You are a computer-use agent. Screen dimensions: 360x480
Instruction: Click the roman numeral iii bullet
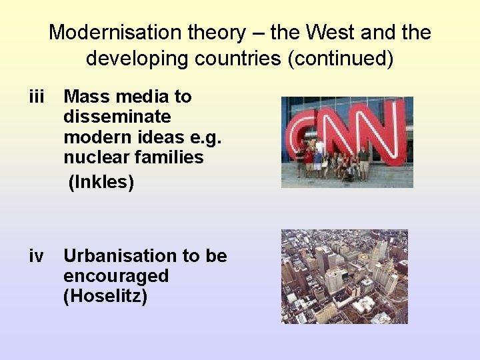(x=36, y=97)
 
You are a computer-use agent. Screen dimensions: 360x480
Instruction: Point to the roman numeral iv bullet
(x=36, y=256)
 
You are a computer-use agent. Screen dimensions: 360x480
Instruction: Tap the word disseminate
(x=117, y=117)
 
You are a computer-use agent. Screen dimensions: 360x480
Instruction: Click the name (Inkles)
(x=101, y=181)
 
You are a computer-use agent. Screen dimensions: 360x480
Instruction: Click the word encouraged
(x=116, y=276)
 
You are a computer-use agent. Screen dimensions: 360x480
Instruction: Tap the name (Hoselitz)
(x=105, y=296)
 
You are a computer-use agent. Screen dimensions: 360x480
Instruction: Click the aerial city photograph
(x=344, y=276)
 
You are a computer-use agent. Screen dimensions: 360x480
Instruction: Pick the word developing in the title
(x=127, y=59)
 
